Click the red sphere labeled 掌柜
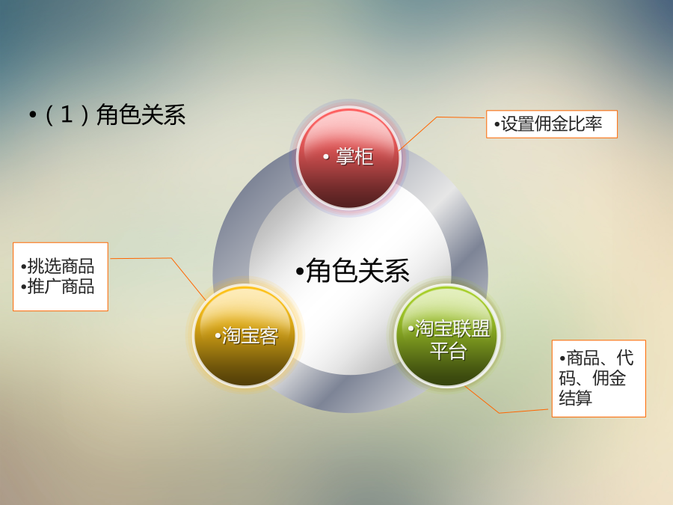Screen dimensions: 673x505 pos(348,157)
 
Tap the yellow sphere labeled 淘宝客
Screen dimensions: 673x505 pos(245,335)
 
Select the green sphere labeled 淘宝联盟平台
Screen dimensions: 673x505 pos(447,335)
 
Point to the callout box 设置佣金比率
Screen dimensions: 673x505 pos(552,124)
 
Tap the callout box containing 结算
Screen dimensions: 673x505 pos(599,379)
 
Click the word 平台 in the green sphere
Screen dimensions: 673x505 pos(448,351)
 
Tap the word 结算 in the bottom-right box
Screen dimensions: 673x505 pos(576,398)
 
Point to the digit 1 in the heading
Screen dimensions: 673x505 pos(67,114)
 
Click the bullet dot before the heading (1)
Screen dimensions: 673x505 pos(33,115)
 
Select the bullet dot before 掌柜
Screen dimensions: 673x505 pos(326,157)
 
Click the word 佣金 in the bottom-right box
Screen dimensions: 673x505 pos(609,378)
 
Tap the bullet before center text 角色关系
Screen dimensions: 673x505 pos(300,272)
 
